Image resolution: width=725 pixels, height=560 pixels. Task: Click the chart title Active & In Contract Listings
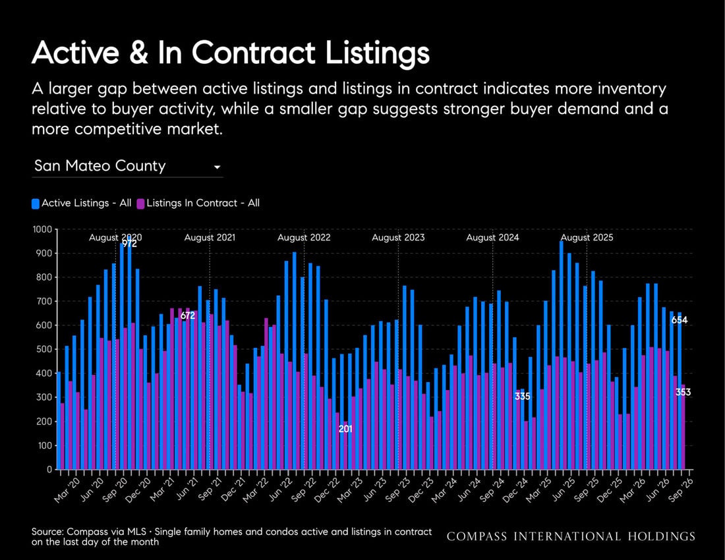[231, 53]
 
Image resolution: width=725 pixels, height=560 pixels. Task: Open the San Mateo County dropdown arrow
[217, 167]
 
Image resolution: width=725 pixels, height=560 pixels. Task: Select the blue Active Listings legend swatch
[36, 204]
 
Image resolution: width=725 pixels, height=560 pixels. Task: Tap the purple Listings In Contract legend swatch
[140, 204]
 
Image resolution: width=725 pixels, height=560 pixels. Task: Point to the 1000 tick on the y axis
[43, 230]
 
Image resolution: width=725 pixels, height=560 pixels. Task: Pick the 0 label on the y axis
[49, 470]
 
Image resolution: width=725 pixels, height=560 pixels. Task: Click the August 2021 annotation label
[210, 237]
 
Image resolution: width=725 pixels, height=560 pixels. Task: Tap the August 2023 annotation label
[398, 237]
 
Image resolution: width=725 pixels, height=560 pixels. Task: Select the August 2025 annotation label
[587, 237]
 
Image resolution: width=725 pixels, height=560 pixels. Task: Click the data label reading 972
[129, 244]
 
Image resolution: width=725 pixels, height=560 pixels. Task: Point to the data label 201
[345, 429]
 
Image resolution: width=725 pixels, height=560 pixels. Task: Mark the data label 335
[523, 397]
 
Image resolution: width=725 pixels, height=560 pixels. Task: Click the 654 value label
[680, 320]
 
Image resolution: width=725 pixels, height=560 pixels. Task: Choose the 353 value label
[683, 392]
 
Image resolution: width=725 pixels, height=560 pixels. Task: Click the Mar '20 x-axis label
[67, 490]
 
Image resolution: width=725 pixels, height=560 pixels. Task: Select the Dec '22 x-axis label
[327, 490]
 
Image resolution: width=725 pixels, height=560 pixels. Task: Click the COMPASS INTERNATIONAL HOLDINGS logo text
[571, 536]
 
